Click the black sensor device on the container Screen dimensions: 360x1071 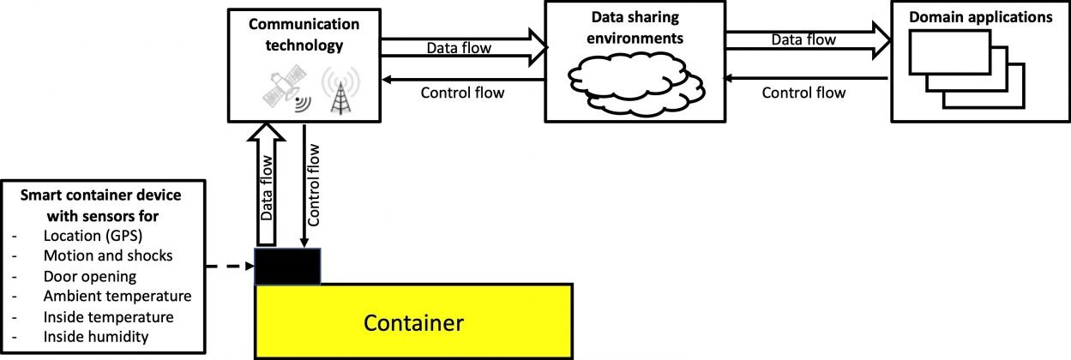click(x=288, y=267)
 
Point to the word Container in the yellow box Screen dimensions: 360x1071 click(x=413, y=323)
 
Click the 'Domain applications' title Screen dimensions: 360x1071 click(x=980, y=16)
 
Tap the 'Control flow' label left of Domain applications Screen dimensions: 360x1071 click(x=803, y=92)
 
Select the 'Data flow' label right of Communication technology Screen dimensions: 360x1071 click(x=459, y=48)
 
